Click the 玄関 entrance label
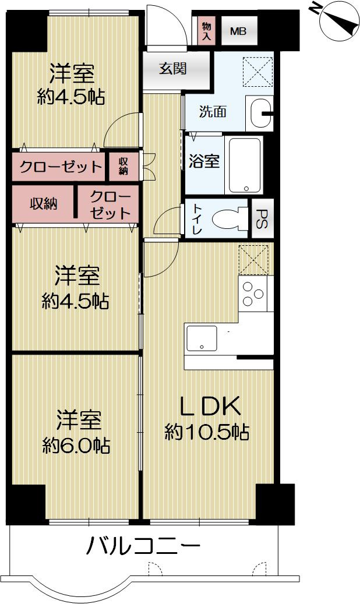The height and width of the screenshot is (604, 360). (173, 69)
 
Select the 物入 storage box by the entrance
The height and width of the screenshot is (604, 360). (206, 31)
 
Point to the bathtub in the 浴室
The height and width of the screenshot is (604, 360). (245, 165)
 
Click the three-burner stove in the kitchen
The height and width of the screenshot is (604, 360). (254, 294)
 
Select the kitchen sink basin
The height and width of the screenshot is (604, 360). (201, 338)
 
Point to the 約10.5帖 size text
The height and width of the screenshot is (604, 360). (207, 432)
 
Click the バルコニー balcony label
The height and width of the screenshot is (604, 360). (143, 547)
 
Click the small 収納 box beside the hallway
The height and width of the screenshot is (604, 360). (123, 167)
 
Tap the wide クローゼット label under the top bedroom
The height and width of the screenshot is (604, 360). (60, 167)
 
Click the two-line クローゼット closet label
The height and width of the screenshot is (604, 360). (110, 204)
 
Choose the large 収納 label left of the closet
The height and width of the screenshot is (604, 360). (44, 204)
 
